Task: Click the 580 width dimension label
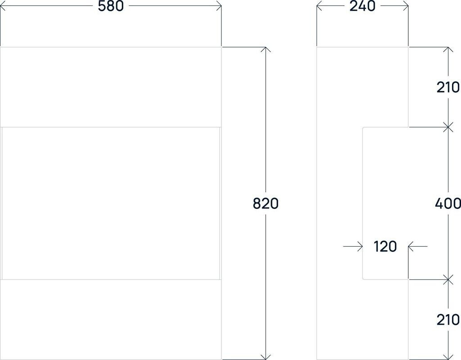point(111,6)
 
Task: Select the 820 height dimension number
point(266,203)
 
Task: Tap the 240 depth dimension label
point(362,6)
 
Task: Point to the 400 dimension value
point(448,203)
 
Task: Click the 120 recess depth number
point(385,247)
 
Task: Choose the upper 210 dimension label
point(448,87)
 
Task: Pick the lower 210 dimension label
point(448,319)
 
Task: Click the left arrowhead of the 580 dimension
point(2,6)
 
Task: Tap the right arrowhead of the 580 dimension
point(219,6)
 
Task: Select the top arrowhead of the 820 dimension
point(266,49)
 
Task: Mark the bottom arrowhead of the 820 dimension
point(266,357)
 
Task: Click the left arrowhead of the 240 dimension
point(319,6)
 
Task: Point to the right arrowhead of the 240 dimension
point(406,6)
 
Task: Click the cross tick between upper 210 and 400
point(447,127)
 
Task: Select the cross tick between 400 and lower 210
point(447,279)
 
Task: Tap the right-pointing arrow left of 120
point(360,247)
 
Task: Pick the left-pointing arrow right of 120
point(411,247)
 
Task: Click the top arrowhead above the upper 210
point(447,49)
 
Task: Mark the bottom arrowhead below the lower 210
point(447,357)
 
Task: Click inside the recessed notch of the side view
point(385,189)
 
